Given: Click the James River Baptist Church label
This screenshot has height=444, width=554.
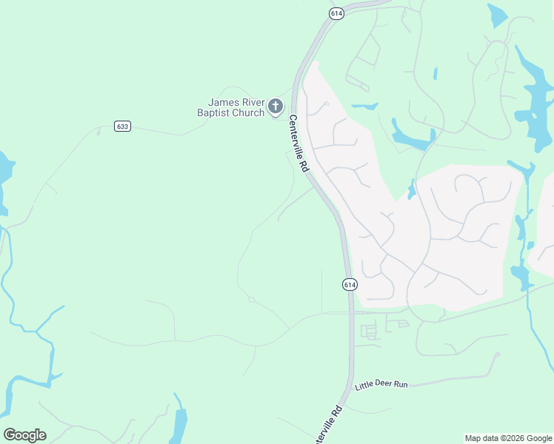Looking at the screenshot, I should pyautogui.click(x=236, y=107).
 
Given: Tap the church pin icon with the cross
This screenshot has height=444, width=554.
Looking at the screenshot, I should pyautogui.click(x=276, y=107).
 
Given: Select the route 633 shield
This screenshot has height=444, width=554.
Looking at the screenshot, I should pyautogui.click(x=123, y=127).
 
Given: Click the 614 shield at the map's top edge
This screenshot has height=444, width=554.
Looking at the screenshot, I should pyautogui.click(x=336, y=14).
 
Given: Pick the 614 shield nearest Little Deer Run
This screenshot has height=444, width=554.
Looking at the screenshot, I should pyautogui.click(x=350, y=284).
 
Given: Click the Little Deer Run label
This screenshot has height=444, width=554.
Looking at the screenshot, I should pyautogui.click(x=381, y=385).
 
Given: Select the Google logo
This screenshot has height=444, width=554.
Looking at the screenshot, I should pyautogui.click(x=24, y=435).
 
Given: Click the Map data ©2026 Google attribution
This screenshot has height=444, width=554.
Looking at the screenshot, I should pyautogui.click(x=508, y=438).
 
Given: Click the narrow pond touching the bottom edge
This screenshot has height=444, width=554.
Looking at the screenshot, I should pyautogui.click(x=178, y=424).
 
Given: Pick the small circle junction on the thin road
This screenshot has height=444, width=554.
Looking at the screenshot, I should pyautogui.click(x=252, y=300).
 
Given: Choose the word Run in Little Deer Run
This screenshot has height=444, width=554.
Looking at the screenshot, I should pyautogui.click(x=401, y=384).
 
